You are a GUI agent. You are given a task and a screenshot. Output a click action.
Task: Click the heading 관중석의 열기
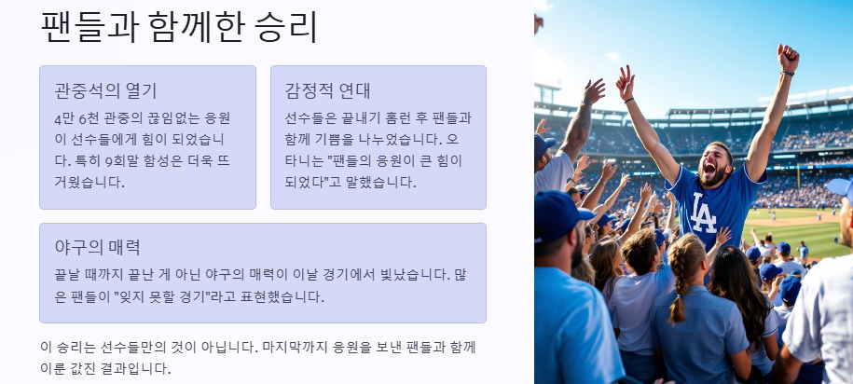click(105, 90)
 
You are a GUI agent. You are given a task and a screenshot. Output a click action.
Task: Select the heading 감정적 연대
click(327, 90)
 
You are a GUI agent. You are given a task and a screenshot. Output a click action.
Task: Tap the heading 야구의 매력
click(97, 247)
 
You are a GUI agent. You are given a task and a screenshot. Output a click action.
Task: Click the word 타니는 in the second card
click(305, 160)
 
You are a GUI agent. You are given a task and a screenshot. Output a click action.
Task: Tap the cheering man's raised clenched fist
click(788, 57)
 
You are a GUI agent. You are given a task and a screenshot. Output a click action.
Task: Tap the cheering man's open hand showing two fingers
click(625, 82)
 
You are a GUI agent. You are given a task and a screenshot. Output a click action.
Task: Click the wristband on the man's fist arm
click(788, 73)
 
